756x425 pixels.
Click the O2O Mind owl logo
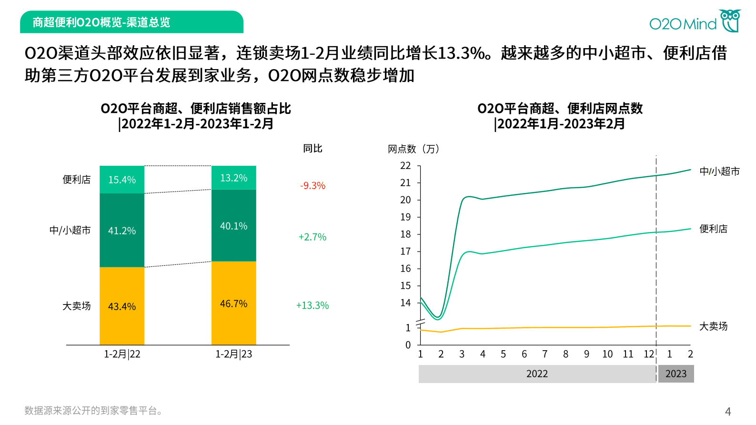tap(730, 21)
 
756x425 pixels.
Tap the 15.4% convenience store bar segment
tap(122, 180)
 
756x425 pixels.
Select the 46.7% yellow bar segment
tap(233, 304)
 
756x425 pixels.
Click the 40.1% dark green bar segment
tap(233, 226)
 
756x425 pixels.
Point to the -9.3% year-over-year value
tap(312, 185)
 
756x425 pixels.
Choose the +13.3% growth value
tap(312, 305)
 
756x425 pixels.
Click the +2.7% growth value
tap(312, 237)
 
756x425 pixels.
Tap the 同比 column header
tap(312, 149)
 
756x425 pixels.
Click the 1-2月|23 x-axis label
tap(233, 354)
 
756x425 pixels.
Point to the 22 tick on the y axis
tap(405, 166)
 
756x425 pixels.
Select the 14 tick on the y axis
tap(405, 303)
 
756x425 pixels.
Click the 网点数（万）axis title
tap(413, 149)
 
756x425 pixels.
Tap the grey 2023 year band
tap(675, 374)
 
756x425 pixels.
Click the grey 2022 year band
tap(537, 374)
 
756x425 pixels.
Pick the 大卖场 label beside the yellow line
tap(713, 326)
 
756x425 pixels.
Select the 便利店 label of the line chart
tap(713, 229)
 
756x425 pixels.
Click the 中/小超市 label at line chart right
tap(719, 172)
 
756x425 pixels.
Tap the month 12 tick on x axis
tap(649, 354)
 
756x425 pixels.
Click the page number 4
tap(727, 411)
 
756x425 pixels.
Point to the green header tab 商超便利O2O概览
tap(131, 22)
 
